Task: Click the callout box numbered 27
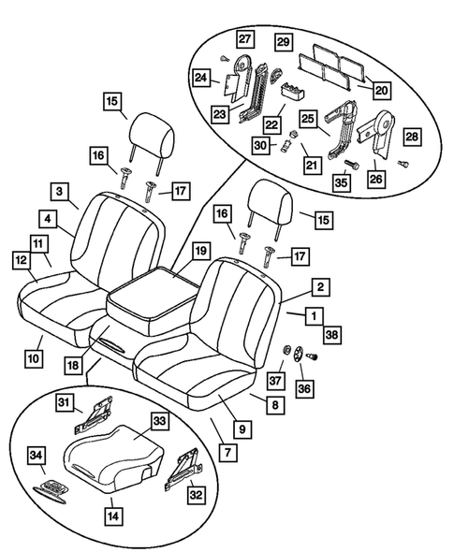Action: [x=245, y=39]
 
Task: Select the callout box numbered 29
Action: [x=284, y=41]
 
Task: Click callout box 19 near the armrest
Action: [x=200, y=251]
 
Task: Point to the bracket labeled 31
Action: [x=101, y=410]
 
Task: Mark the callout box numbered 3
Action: [x=59, y=193]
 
